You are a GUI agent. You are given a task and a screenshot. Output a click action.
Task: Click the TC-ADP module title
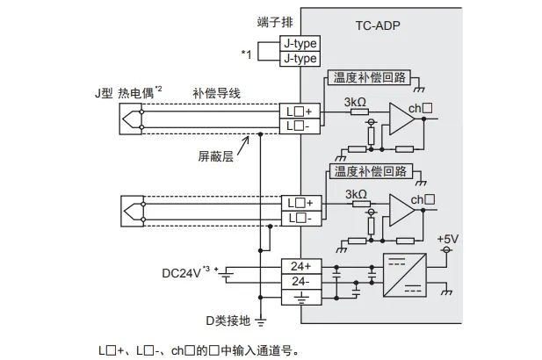[x=379, y=26]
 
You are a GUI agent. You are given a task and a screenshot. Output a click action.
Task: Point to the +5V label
[x=447, y=239]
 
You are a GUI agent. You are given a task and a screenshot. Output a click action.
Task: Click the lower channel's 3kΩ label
[x=356, y=193]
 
